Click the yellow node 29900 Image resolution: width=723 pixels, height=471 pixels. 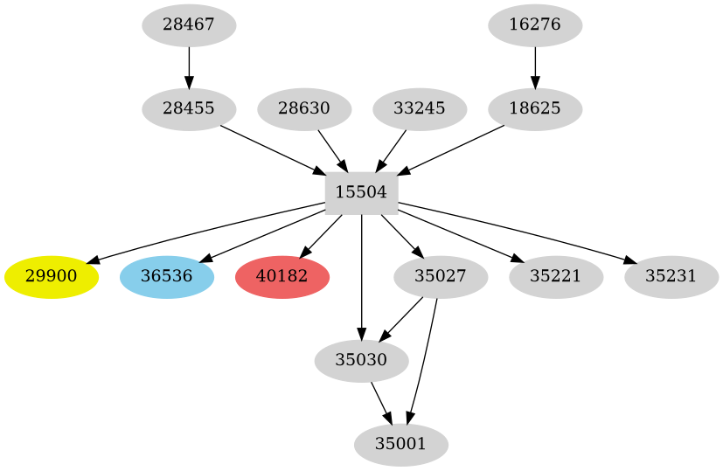pos(52,277)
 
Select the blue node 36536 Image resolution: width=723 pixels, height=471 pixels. pos(167,277)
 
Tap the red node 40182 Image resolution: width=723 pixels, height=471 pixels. pos(282,277)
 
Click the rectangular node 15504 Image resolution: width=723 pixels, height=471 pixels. pos(361,193)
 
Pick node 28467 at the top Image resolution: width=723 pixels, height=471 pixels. pos(189,25)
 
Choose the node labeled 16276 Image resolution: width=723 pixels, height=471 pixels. pos(535,25)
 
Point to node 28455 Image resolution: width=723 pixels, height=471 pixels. pos(189,109)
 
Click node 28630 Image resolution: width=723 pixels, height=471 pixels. pos(304,109)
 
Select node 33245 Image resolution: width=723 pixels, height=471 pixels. pos(420,109)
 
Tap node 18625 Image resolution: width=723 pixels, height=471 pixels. pos(535,109)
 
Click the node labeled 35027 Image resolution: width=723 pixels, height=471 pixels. pos(441,277)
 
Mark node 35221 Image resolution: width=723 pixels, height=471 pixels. pos(556,277)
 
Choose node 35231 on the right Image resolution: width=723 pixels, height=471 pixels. pos(671,277)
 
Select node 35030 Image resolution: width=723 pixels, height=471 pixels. pos(361,360)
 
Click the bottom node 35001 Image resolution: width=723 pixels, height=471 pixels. pos(401,444)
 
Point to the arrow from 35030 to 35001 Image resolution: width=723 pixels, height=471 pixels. pos(381,402)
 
